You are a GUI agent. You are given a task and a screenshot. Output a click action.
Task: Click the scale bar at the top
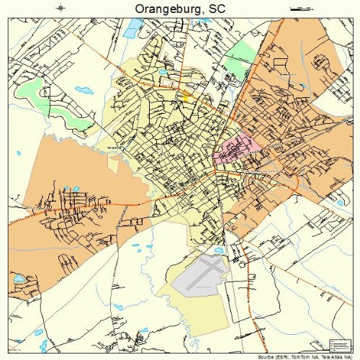[299, 8]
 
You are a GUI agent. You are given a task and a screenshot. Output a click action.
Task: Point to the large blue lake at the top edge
[134, 27]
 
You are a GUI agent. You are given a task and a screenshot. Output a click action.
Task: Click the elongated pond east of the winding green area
[84, 91]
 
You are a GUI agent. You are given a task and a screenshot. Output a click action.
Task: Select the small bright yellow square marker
[185, 93]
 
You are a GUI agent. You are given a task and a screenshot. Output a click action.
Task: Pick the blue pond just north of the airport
[218, 250]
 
